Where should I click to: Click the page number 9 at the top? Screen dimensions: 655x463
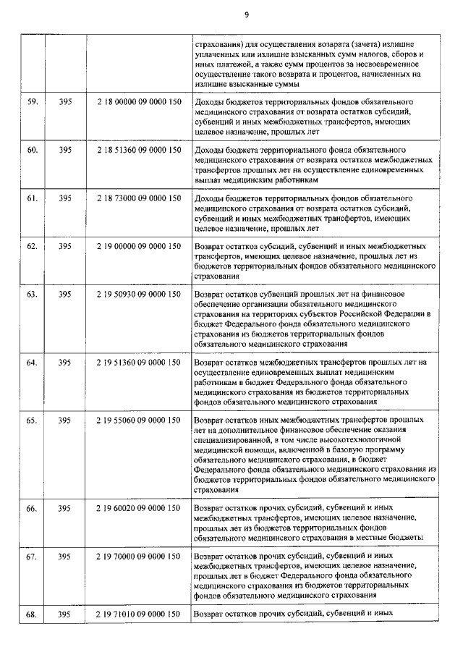pos(247,14)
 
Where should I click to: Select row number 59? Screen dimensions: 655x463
pos(32,103)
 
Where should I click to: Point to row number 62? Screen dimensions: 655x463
pos(32,246)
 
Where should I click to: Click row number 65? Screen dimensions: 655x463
pos(32,420)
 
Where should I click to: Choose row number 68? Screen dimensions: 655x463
pos(32,614)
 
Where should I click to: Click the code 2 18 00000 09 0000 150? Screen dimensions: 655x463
pos(138,103)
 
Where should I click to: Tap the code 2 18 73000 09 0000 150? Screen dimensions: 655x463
pos(138,198)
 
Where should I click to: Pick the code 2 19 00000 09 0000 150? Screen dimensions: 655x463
pos(138,246)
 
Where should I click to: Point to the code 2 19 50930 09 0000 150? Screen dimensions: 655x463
pos(138,295)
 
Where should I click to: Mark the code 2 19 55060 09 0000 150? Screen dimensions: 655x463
pos(138,420)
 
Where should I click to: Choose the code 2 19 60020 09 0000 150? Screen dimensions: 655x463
pos(138,508)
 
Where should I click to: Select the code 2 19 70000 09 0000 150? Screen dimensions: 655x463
pos(138,556)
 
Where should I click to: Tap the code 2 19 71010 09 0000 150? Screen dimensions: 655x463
pos(138,614)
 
